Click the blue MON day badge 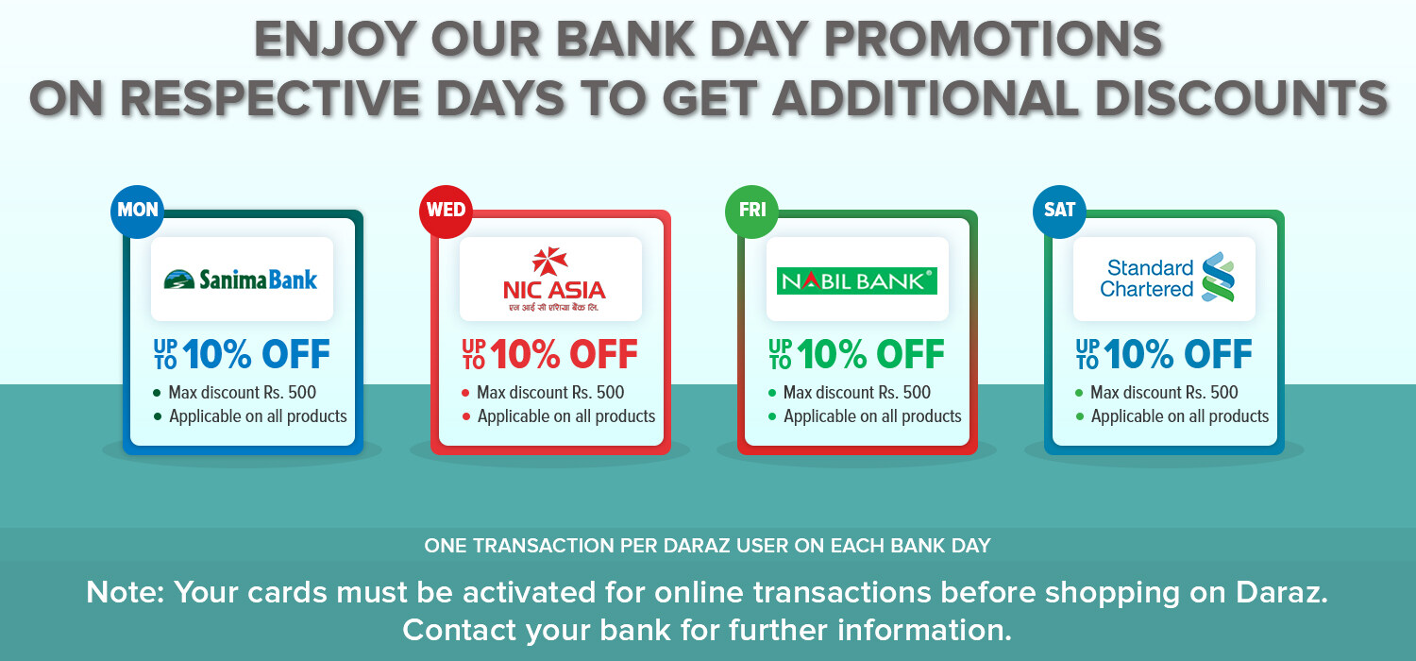click(x=138, y=212)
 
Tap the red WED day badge click(x=446, y=212)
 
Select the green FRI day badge click(x=752, y=212)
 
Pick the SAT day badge click(x=1059, y=212)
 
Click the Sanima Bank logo click(x=241, y=280)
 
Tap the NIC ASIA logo click(x=554, y=280)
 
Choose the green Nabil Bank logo click(x=856, y=280)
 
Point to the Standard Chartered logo click(x=1167, y=279)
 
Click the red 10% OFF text click(x=564, y=353)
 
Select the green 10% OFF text click(x=870, y=353)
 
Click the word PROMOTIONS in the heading click(x=993, y=40)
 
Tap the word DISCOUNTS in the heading click(x=1241, y=98)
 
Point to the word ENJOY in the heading click(x=335, y=40)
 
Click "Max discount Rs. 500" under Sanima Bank click(x=242, y=392)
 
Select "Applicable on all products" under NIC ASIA click(x=566, y=416)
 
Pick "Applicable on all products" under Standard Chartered click(x=1180, y=416)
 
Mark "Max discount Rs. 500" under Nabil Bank click(x=857, y=392)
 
